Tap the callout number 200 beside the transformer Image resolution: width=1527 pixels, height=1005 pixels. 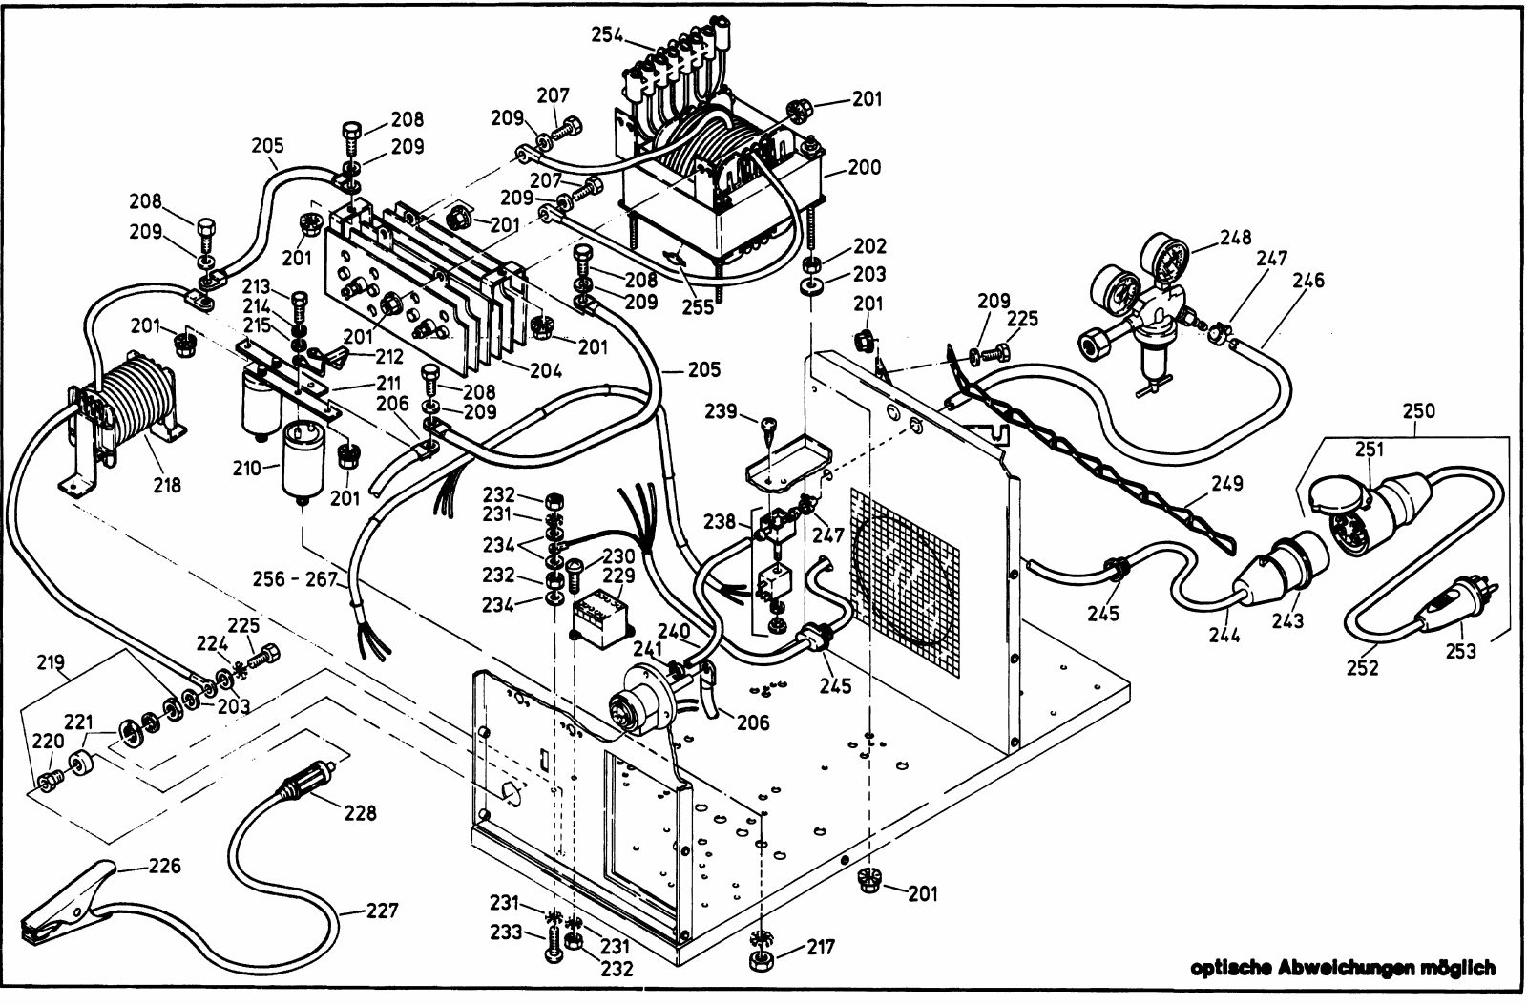point(865,167)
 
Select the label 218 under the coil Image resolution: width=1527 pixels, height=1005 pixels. point(166,485)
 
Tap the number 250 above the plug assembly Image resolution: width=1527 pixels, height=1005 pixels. point(1419,410)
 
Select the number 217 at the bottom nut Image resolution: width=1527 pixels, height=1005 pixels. point(821,948)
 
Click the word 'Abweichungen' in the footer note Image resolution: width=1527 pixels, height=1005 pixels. point(1355,969)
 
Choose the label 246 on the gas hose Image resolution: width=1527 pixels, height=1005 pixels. point(1308,281)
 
